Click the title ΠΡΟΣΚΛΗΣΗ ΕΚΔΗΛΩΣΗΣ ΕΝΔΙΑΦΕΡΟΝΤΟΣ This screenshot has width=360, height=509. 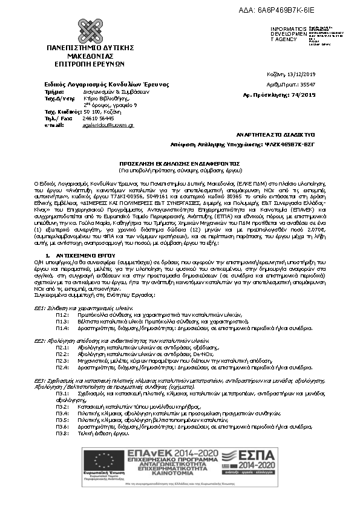click(x=179, y=163)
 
